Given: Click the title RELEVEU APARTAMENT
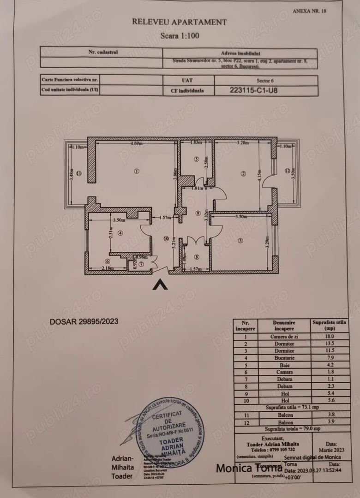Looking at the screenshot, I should click(180, 21).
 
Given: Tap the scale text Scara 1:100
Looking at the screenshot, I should click(180, 35).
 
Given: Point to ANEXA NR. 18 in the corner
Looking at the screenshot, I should click(309, 12).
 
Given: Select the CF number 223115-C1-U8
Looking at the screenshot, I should click(253, 90).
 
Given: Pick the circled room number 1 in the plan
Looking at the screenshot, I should click(136, 171).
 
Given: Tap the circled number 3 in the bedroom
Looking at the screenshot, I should click(240, 240).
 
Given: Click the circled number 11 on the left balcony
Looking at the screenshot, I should click(79, 174).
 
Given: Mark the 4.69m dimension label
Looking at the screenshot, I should click(136, 144).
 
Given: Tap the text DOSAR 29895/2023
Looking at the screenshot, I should click(84, 321).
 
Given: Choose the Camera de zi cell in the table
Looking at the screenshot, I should click(283, 337).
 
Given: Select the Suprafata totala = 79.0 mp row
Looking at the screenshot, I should click(289, 429).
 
